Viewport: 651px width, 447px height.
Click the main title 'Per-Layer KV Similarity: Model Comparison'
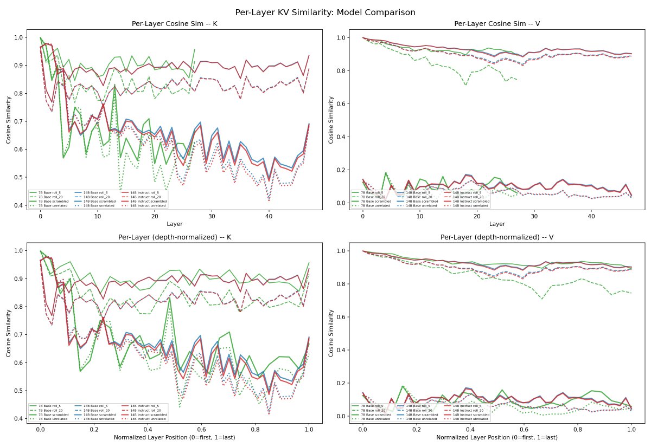coord(325,12)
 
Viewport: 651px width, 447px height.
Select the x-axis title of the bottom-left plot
coord(174,437)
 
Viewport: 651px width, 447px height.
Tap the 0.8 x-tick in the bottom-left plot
coord(256,429)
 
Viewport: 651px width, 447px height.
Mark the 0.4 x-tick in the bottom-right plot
coord(470,429)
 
